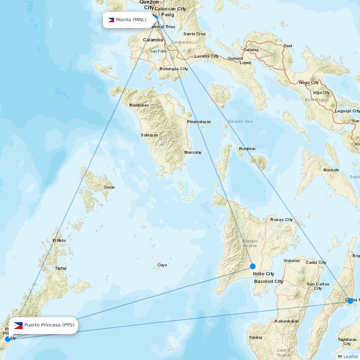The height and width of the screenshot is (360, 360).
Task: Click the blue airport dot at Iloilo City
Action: [x=253, y=266]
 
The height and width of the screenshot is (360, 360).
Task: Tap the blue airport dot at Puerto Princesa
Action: [x=8, y=339]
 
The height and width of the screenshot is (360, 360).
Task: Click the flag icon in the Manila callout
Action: [x=111, y=20]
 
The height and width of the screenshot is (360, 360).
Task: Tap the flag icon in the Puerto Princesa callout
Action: [x=18, y=325]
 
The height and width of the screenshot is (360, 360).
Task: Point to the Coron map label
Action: [x=109, y=187]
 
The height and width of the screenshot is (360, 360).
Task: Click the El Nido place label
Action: [x=59, y=240]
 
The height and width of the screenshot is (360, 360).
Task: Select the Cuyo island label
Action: [x=162, y=265]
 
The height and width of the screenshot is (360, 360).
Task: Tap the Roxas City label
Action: [x=282, y=220]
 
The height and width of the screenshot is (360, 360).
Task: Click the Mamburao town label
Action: [x=139, y=105]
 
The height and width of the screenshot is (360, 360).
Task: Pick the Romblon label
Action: [x=247, y=149]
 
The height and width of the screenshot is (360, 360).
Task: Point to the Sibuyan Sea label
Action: [x=240, y=121]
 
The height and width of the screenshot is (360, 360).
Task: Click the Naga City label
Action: [x=309, y=83]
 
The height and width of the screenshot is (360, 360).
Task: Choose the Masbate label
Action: [x=331, y=170]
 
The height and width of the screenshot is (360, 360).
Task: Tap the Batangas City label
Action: [x=174, y=69]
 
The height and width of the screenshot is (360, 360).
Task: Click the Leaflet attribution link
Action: [x=350, y=356]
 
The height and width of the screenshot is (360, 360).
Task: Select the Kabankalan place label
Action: [x=287, y=321]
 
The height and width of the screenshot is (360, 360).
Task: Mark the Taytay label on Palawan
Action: [x=61, y=268]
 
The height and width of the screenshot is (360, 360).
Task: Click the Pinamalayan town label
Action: [x=199, y=122]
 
